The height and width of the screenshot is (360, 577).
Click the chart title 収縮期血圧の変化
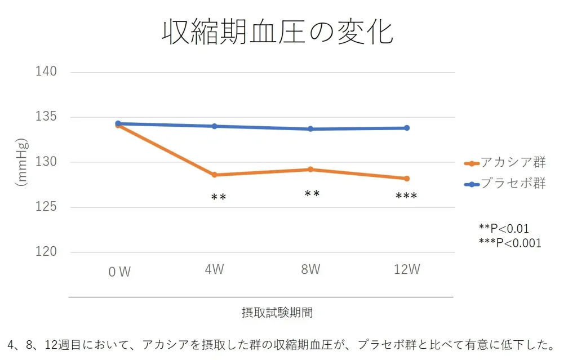pos(277,32)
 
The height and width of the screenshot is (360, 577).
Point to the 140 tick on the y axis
pos(47,72)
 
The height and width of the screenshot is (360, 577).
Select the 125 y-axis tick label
pos(47,207)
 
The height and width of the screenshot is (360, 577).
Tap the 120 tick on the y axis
pos(47,252)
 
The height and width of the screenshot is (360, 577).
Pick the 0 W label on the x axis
pos(119,272)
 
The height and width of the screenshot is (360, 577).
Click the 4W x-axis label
pos(214,269)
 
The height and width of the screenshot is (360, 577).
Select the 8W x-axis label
pos(310,269)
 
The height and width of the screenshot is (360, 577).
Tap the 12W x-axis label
pos(407,269)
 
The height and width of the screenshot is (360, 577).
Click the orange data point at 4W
pos(214,175)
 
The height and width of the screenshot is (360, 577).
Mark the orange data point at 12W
pos(407,179)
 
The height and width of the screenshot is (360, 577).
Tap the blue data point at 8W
pos(310,129)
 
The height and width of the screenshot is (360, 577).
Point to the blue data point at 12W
pos(407,128)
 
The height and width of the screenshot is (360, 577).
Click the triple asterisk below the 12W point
pos(406,197)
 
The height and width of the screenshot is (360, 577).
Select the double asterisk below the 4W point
pos(219,197)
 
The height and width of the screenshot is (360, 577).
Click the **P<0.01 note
pos(504,229)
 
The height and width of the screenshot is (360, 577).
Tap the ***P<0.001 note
pos(509,243)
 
